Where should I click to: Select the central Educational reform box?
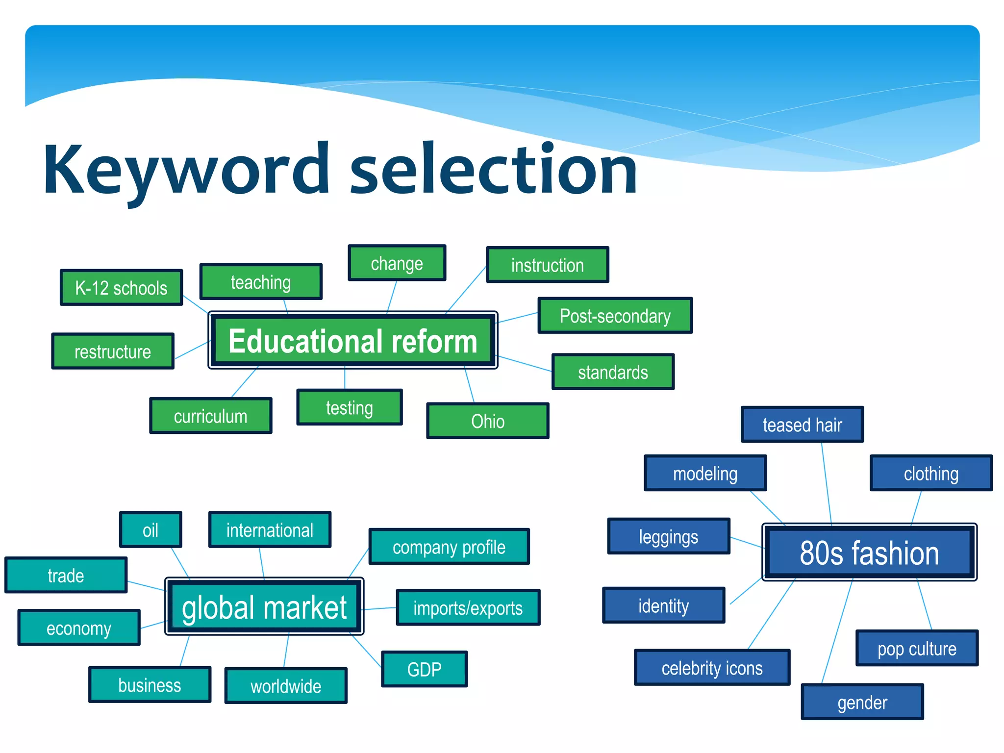[x=352, y=341]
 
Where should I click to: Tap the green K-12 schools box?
[x=121, y=288]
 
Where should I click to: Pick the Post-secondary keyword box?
[x=615, y=316]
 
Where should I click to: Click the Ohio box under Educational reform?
[x=487, y=421]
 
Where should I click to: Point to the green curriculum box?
[x=210, y=416]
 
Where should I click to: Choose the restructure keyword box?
[x=113, y=351]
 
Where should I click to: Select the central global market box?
[x=264, y=607]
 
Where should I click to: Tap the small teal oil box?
[x=151, y=530]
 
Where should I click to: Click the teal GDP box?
[x=424, y=669]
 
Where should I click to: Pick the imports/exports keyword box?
[x=468, y=608]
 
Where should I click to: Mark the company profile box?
[x=449, y=547]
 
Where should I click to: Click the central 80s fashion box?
[x=869, y=552]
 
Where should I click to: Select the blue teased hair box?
[x=802, y=425]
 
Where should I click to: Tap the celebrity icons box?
[x=712, y=668]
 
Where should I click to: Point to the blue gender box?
[x=862, y=702]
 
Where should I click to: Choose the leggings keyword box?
[x=669, y=536]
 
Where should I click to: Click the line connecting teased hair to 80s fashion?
[x=827, y=483]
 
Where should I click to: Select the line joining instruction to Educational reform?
[x=466, y=289]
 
